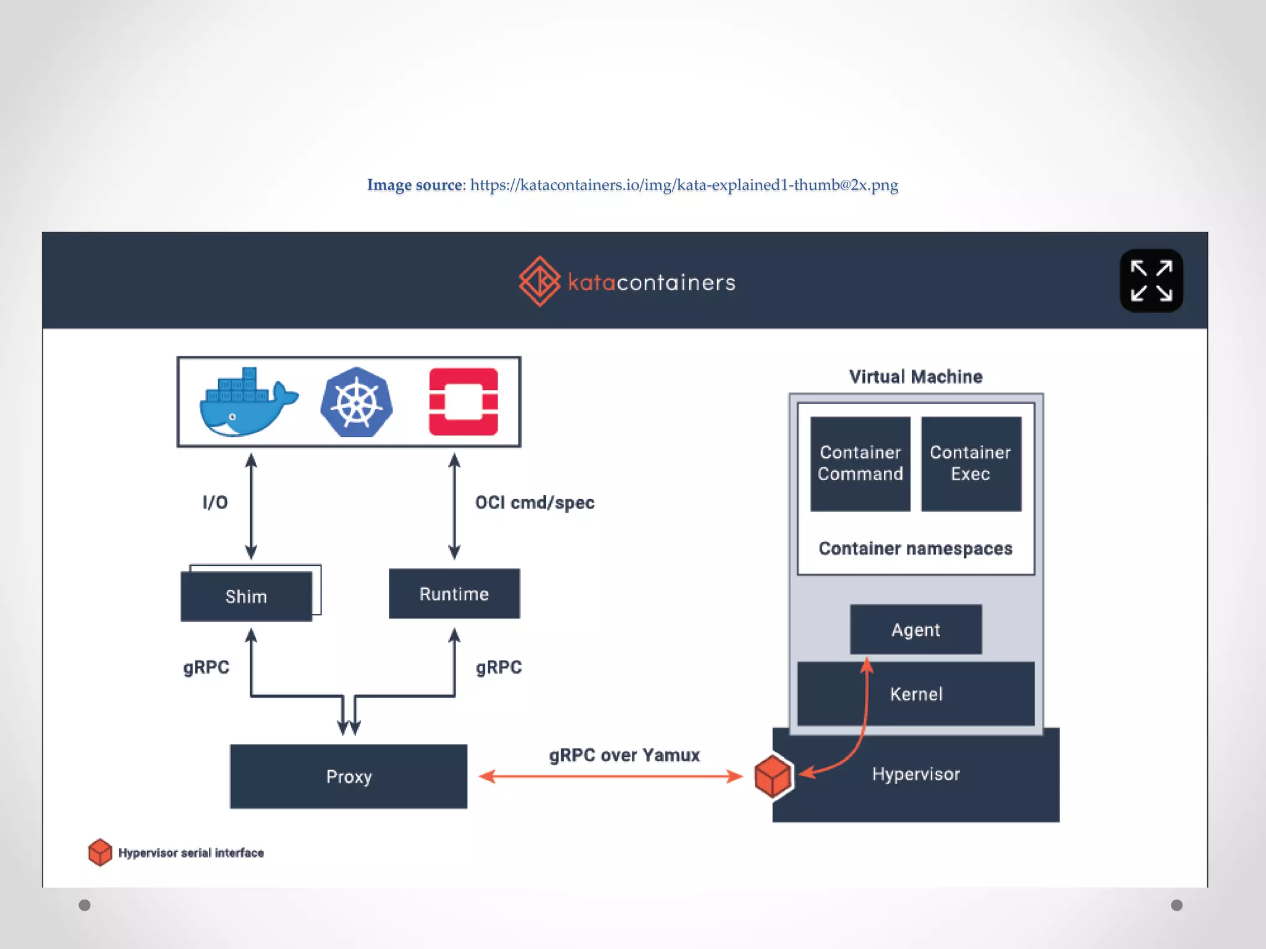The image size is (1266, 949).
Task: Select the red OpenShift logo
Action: pos(463,402)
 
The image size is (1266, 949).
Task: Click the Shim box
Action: pos(246,596)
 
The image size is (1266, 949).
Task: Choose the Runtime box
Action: pos(454,594)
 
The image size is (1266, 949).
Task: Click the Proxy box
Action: pos(349,776)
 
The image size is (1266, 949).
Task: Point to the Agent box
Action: pos(916,630)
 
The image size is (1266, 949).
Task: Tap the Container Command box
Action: pos(860,463)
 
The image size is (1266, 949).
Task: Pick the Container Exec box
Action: pos(971,463)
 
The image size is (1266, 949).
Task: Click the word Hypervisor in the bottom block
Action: pos(916,774)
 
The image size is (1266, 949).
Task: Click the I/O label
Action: pos(215,502)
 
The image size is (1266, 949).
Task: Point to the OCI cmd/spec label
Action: pos(535,502)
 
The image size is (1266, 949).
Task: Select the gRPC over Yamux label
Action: pos(624,755)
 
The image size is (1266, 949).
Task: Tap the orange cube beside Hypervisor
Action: pos(773,776)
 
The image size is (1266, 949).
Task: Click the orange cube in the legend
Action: pos(100,853)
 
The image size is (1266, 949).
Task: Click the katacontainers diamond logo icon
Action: pos(540,282)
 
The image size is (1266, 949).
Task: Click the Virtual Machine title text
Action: pos(916,376)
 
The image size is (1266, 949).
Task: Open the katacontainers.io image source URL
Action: pos(684,185)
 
